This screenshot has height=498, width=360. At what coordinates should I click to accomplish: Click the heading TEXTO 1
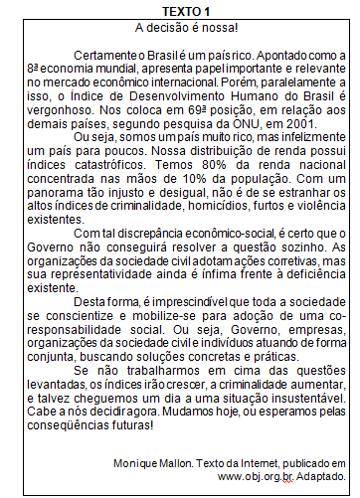point(180,9)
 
